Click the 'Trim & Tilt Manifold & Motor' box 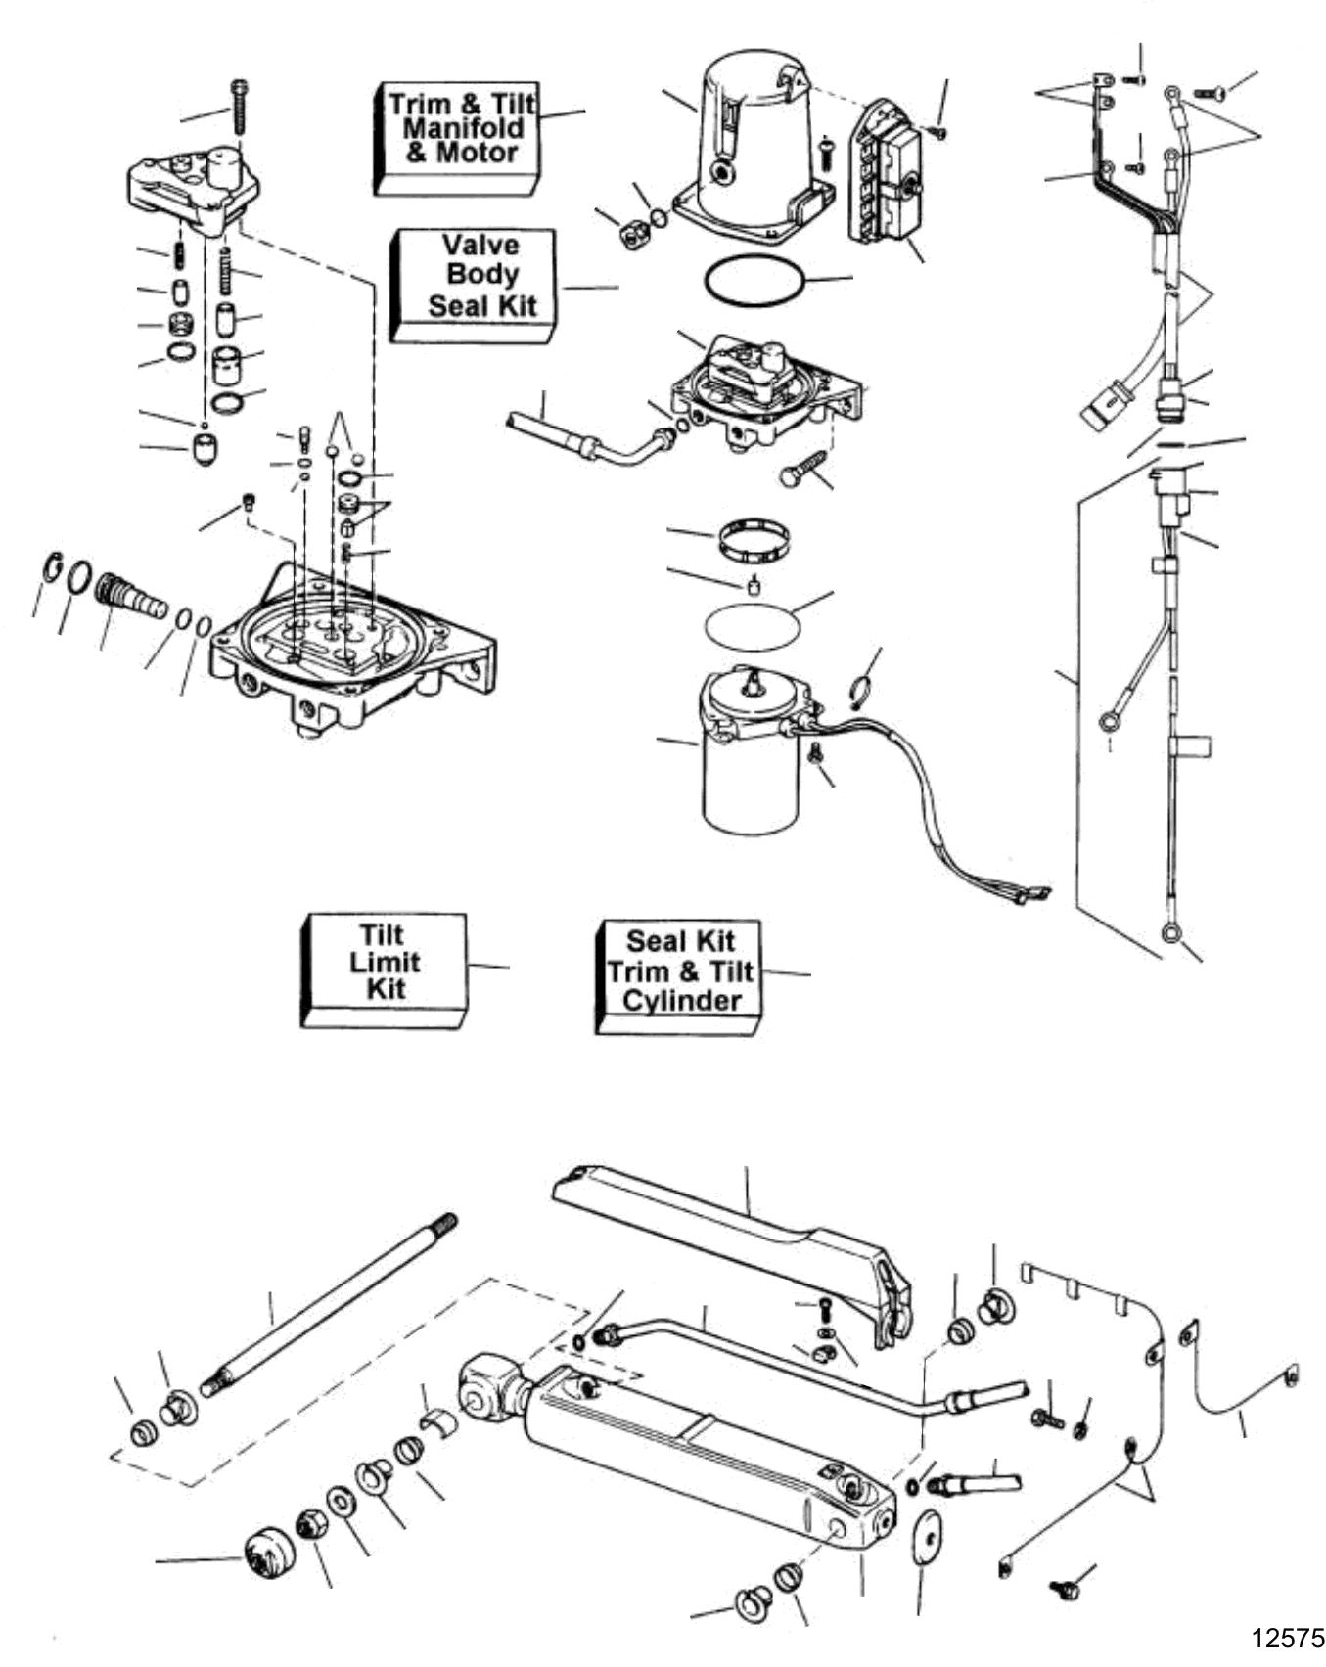pos(457,138)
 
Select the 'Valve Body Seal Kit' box pos(474,286)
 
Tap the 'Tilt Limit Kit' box pos(384,969)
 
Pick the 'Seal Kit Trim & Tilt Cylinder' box pos(678,976)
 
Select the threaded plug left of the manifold pos(132,597)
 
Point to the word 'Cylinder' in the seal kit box pos(682,1001)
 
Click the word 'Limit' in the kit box pos(385,962)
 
